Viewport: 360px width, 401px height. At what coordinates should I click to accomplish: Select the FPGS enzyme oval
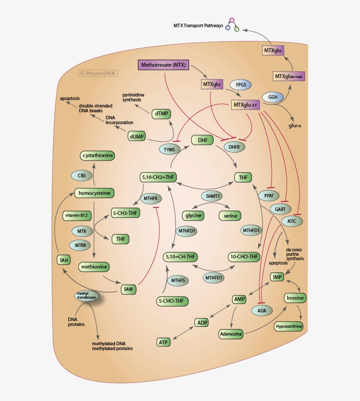click(241, 83)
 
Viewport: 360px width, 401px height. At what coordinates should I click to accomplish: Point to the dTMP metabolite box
click(162, 114)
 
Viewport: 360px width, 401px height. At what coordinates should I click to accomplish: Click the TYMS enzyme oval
click(169, 150)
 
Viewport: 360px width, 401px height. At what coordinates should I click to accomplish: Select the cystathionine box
click(98, 155)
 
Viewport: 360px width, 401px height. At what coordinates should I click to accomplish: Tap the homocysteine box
click(94, 193)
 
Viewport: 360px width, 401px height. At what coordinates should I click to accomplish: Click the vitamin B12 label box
click(77, 215)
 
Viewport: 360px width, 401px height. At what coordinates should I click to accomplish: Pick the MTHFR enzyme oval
click(151, 199)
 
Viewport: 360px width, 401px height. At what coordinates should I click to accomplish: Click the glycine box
click(193, 215)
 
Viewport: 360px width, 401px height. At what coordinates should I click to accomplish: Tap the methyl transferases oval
click(86, 296)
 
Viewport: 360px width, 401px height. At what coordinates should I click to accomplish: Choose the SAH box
click(64, 260)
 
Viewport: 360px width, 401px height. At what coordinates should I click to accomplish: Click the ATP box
click(163, 342)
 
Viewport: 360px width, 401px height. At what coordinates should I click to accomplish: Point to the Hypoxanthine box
click(288, 326)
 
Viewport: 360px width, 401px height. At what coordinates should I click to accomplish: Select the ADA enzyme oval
click(262, 311)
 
